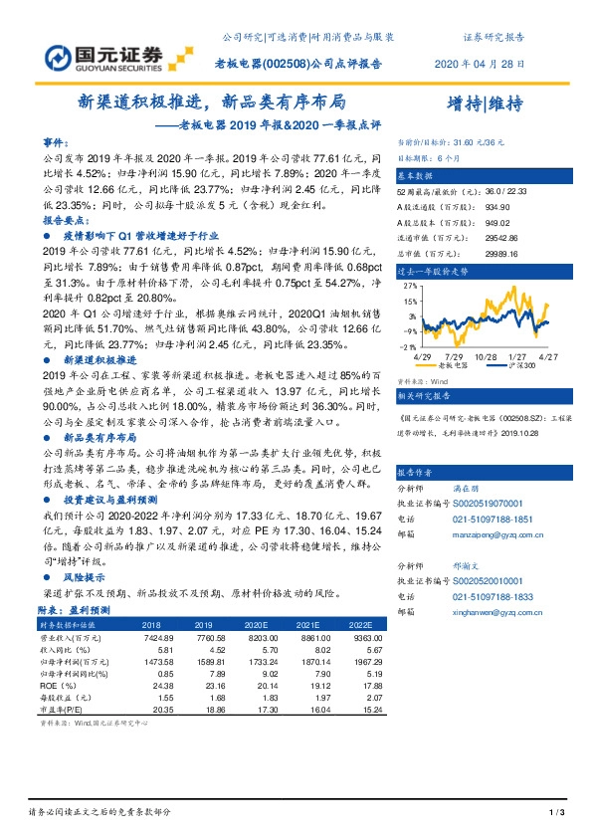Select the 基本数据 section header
click(x=419, y=173)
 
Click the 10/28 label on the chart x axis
click(x=487, y=355)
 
